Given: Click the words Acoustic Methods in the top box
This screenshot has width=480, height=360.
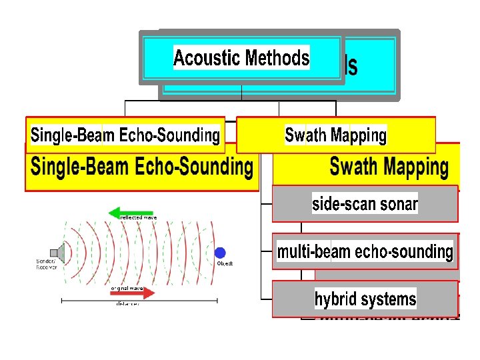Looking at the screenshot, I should pos(241,58).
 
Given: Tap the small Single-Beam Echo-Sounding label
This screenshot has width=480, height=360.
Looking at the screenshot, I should pos(125,135).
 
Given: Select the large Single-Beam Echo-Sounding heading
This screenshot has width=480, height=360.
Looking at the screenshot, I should pos(142,167).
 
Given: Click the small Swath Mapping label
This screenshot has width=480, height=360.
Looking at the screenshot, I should pos(335,135).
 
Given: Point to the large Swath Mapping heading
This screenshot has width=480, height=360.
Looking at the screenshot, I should pos(389,167).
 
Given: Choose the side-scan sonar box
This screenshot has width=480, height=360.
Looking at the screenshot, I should pos(365,204).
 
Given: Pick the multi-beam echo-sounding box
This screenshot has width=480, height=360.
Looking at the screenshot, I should pos(365,252).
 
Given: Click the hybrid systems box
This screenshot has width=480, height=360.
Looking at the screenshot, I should pos(365,299).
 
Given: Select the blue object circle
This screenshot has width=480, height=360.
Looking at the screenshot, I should pos(220,253).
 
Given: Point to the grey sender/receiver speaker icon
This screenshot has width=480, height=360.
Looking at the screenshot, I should pos(61,253).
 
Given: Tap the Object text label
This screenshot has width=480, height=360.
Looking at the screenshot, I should pos(225,264).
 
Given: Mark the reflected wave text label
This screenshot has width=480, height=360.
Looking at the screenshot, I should pos(138,217).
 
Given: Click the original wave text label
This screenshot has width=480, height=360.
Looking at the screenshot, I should pos(128,287).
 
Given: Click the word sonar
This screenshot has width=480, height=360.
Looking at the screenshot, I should pos(399,204).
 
